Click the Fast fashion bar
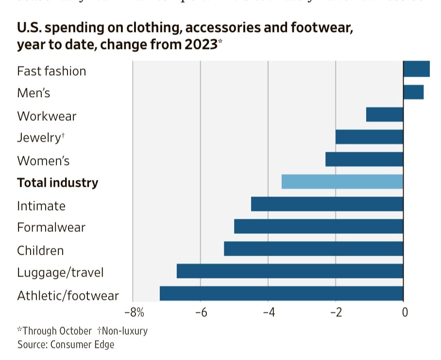(416, 69)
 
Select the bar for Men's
(413, 92)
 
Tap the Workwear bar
(385, 115)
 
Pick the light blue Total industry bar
(342, 181)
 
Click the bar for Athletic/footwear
(282, 294)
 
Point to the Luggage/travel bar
(290, 271)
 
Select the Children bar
(314, 248)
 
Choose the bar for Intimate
(327, 204)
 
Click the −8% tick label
(135, 312)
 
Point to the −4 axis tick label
(268, 312)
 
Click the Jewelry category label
(38, 138)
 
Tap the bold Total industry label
(57, 183)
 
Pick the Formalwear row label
(51, 227)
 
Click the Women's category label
(43, 160)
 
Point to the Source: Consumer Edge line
(66, 344)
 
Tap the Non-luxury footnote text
(124, 331)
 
